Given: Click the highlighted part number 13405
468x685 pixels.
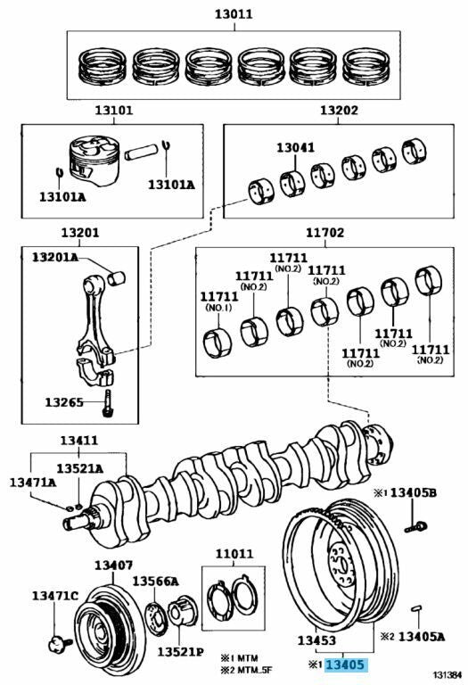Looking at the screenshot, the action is (345, 664).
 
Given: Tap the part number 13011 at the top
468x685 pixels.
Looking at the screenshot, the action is (234, 14).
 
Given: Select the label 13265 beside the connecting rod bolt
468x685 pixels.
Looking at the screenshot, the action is (64, 402).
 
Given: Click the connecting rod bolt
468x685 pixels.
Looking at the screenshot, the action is (107, 403).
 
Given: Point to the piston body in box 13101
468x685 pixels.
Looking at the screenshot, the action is (94, 160).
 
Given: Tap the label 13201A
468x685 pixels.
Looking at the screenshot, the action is (55, 257).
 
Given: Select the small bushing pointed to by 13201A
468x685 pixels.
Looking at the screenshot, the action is (117, 278).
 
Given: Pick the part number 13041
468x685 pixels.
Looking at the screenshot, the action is (295, 147).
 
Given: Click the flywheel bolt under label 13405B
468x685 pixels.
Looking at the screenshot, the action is (416, 527).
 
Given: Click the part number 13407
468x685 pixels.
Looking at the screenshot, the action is (113, 565).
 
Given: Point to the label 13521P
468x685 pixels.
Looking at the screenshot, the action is (180, 652).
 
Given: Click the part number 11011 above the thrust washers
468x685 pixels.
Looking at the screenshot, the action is (234, 554).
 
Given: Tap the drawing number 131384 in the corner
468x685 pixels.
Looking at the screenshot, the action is (447, 675).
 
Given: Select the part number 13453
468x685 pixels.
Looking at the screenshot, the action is (316, 640).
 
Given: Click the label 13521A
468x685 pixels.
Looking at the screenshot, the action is (79, 468).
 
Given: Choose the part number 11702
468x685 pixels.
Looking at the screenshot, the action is (324, 233).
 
